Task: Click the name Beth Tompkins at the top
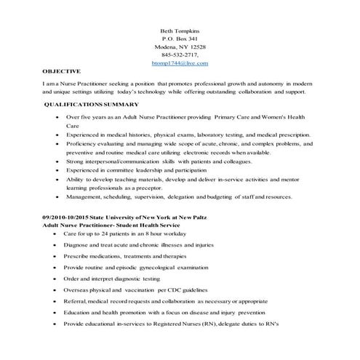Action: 180,30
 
